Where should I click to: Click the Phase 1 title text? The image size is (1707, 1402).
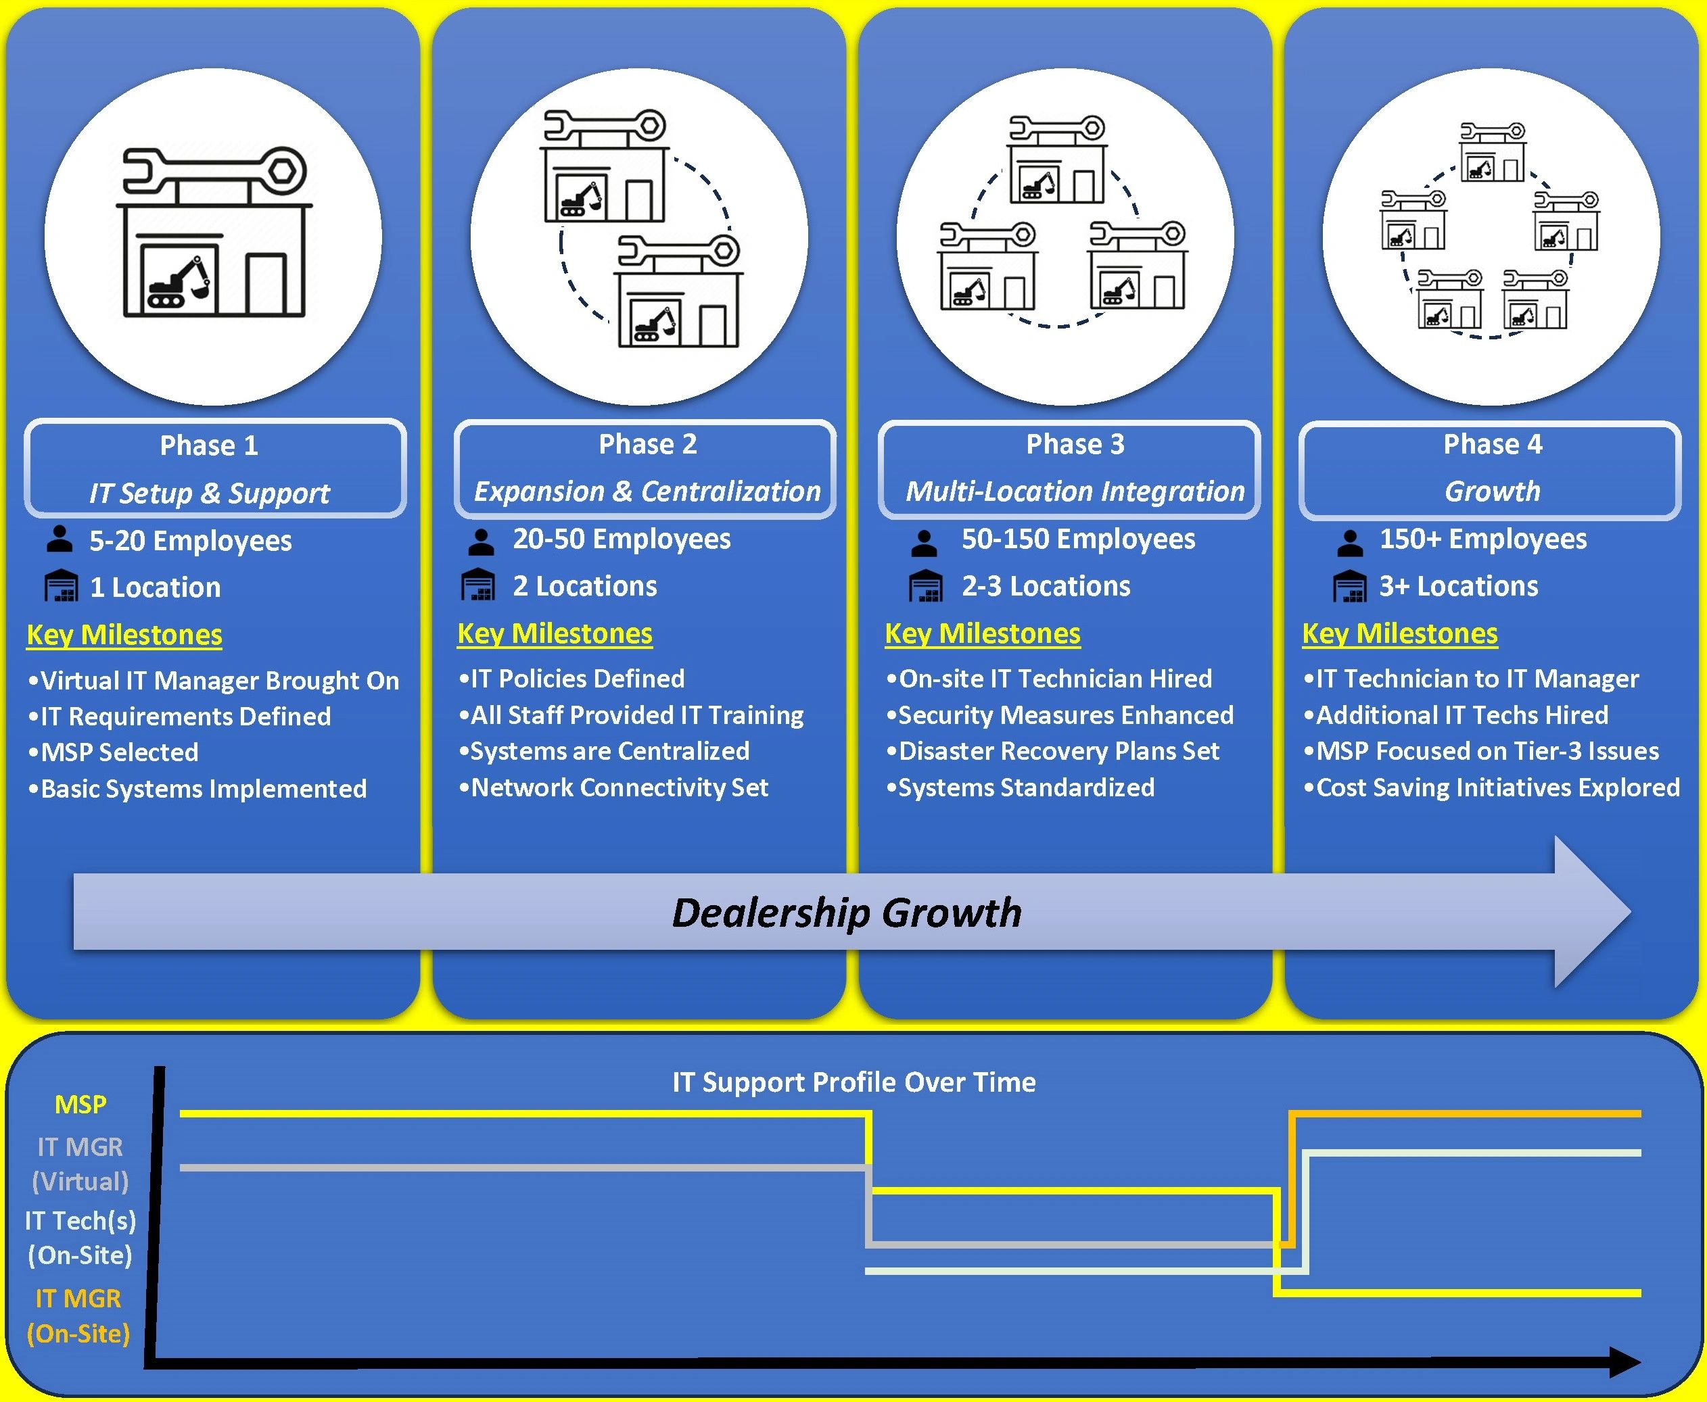[x=209, y=445]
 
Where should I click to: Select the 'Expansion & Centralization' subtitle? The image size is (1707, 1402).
[x=647, y=491]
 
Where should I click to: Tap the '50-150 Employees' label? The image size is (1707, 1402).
[x=1077, y=539]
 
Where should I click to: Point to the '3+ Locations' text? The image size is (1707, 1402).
[x=1458, y=585]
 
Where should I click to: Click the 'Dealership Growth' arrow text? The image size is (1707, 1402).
[x=847, y=912]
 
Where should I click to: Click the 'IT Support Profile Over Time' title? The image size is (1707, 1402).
[x=854, y=1082]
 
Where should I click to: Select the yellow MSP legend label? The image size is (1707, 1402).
[x=80, y=1104]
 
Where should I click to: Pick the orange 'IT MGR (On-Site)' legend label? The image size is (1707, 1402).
[x=78, y=1315]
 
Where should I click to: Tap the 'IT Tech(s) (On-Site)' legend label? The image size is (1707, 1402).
[x=80, y=1237]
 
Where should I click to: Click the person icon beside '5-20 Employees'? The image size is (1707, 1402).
[x=59, y=539]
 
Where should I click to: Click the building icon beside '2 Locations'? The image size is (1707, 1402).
[x=478, y=585]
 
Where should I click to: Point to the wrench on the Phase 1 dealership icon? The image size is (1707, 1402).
[x=215, y=170]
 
